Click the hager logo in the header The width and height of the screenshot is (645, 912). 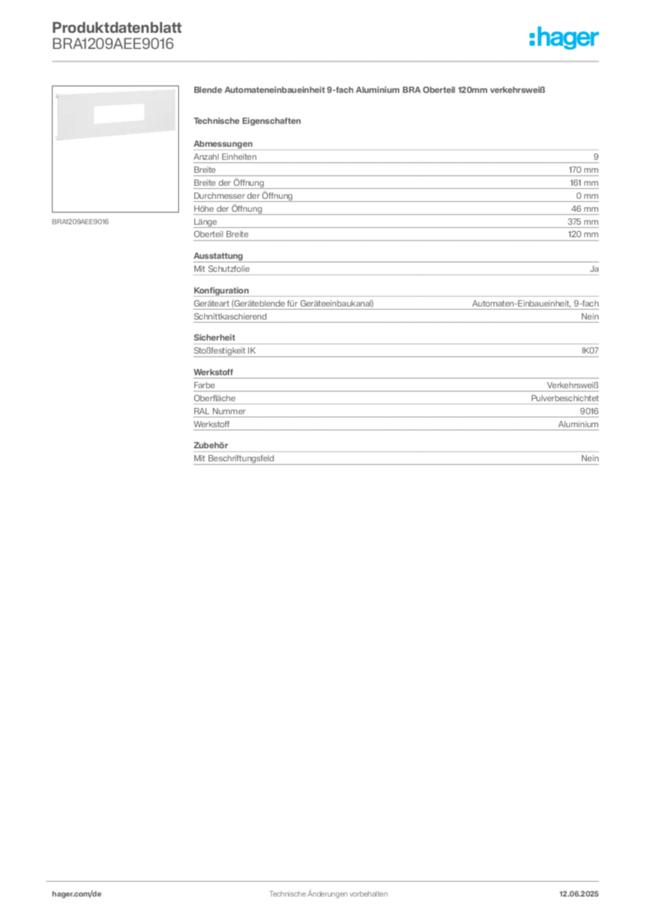[563, 37]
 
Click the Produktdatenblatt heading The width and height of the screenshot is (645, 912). [117, 28]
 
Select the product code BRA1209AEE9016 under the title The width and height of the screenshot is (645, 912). [113, 45]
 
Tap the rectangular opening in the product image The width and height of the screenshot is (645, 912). [118, 113]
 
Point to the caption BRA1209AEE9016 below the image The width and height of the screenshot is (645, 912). [80, 222]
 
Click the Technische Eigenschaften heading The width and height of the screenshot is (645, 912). [247, 121]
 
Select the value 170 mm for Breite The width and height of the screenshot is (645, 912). [584, 170]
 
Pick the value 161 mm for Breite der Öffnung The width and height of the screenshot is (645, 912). [584, 183]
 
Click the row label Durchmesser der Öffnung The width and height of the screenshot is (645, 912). [243, 196]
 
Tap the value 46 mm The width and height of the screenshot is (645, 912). [584, 208]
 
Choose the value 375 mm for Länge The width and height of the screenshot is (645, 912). [583, 222]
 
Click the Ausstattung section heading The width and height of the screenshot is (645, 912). [218, 256]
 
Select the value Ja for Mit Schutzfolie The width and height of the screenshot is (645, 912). [594, 269]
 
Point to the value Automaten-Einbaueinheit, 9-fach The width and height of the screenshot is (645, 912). [535, 304]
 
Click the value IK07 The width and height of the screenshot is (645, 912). [590, 351]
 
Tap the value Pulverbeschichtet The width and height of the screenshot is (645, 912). [565, 398]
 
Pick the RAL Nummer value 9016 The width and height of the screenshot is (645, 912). [589, 411]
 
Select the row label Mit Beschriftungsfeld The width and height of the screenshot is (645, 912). [233, 459]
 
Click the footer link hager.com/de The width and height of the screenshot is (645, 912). [77, 894]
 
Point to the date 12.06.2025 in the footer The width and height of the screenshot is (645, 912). [579, 894]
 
